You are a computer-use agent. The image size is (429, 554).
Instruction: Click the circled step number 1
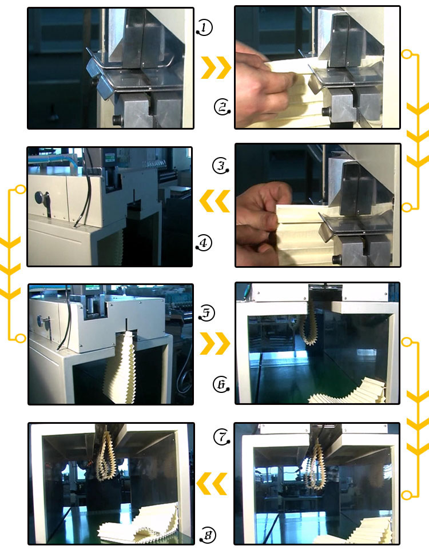click(204, 26)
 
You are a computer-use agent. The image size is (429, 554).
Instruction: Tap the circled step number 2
click(222, 107)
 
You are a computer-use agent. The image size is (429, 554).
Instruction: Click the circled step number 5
click(207, 312)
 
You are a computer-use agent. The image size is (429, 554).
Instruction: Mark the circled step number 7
click(221, 437)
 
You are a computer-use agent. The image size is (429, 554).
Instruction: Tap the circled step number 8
click(207, 535)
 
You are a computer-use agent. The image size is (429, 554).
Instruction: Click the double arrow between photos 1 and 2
click(216, 68)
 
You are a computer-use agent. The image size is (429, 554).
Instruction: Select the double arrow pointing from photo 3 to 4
click(214, 202)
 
